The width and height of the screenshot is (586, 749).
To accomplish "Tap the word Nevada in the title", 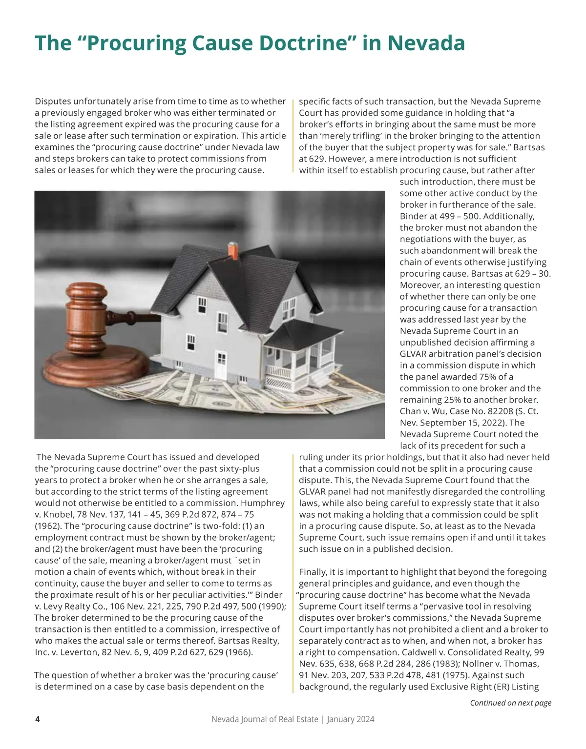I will [426, 43].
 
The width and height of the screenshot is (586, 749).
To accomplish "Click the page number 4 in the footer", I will [38, 719].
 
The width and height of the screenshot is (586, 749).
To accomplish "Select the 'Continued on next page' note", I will [510, 703].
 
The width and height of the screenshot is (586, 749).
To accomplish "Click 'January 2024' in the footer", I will [351, 719].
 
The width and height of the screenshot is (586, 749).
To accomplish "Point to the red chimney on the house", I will [233, 252].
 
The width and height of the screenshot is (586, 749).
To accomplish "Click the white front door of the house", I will [221, 364].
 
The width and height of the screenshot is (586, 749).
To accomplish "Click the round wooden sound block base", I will [97, 368].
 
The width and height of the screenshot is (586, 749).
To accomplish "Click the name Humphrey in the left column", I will [262, 503].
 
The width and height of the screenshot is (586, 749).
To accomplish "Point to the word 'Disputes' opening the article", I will [53, 101].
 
